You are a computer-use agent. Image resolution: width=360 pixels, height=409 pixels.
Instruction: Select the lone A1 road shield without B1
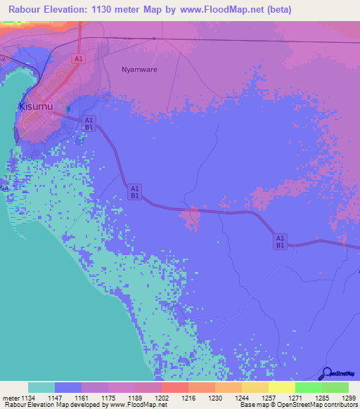pos(79,59)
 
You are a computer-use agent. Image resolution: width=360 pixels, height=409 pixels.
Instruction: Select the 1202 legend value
pos(161,398)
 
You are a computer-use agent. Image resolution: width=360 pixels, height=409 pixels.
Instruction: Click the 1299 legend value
pos(348,398)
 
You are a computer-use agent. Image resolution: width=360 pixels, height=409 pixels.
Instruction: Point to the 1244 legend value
pos(241,398)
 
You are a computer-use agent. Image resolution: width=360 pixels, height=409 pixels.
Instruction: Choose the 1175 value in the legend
pos(108,398)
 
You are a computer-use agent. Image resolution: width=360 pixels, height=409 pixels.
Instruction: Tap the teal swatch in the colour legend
pos(41,387)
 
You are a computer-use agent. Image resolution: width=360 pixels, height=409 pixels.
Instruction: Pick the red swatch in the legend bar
pos(174,387)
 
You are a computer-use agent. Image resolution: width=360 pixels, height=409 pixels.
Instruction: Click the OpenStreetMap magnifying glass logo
pos(326,374)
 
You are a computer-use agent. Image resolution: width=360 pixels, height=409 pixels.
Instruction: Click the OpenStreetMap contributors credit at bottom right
pos(316,405)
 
